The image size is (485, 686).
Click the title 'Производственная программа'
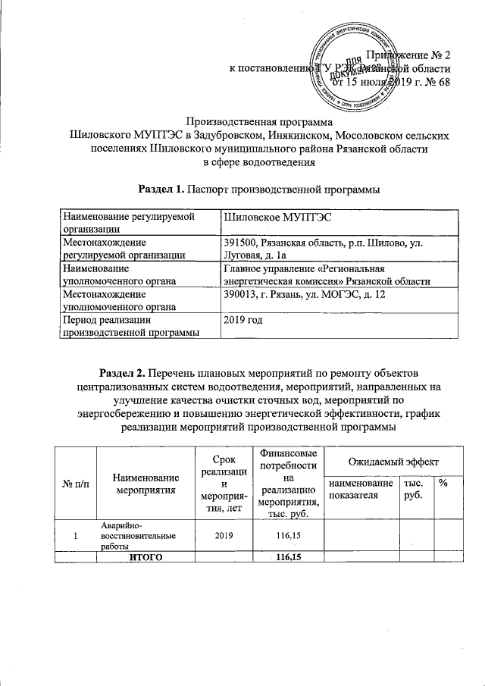pyautogui.click(x=260, y=121)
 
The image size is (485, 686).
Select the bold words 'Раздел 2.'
pyautogui.click(x=124, y=374)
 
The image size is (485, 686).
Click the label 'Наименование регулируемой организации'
pyautogui.click(x=126, y=223)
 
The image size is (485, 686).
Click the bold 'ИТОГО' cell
pyautogui.click(x=145, y=557)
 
